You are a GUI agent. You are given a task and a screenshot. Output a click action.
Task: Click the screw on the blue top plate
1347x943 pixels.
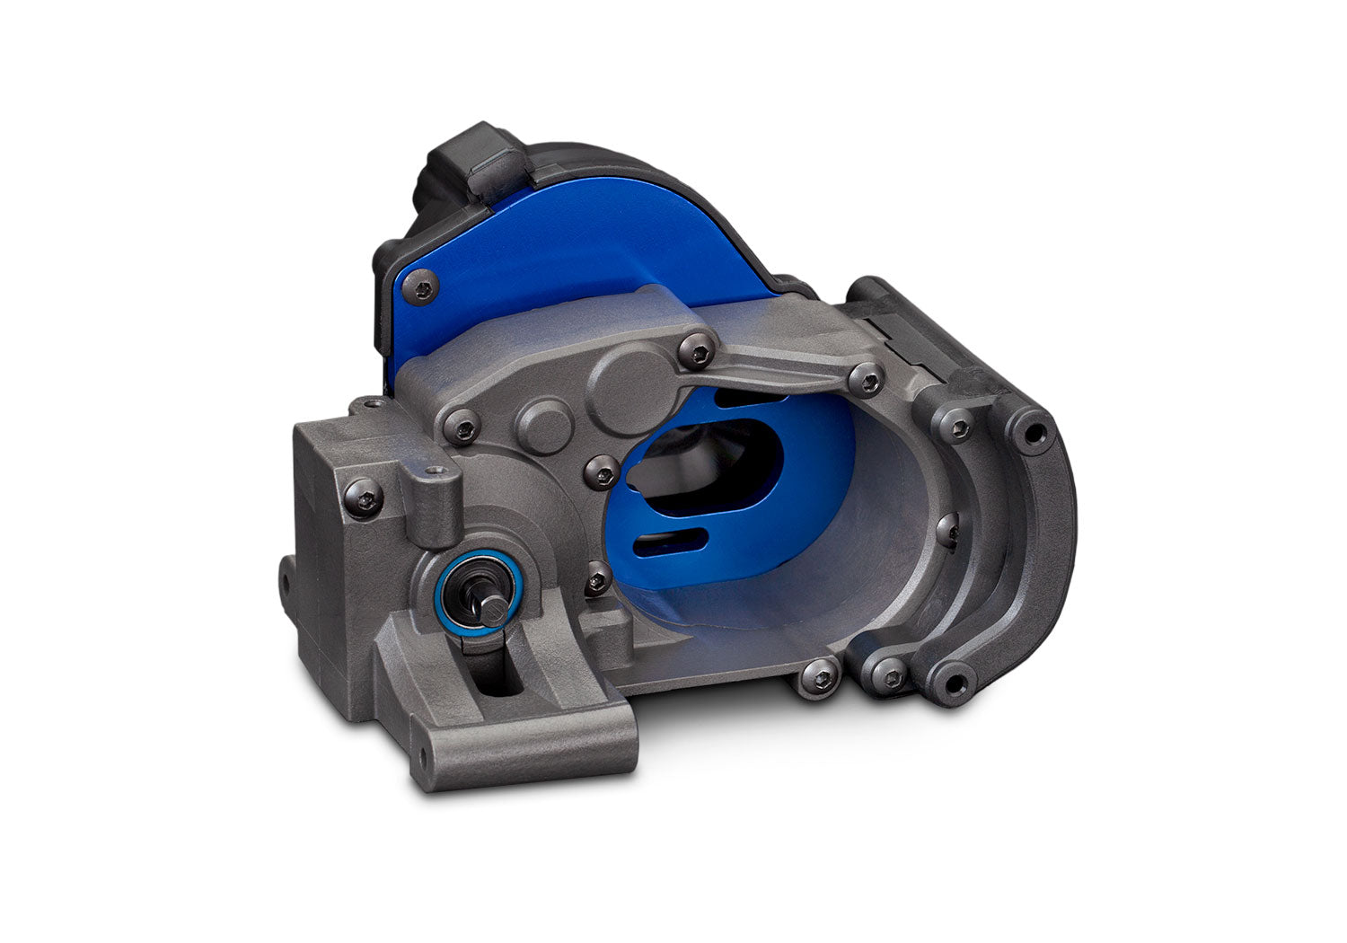423,287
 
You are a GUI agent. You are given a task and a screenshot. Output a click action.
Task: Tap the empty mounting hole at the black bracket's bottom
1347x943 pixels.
955,680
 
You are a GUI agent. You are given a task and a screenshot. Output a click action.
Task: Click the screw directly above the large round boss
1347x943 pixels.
695,346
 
